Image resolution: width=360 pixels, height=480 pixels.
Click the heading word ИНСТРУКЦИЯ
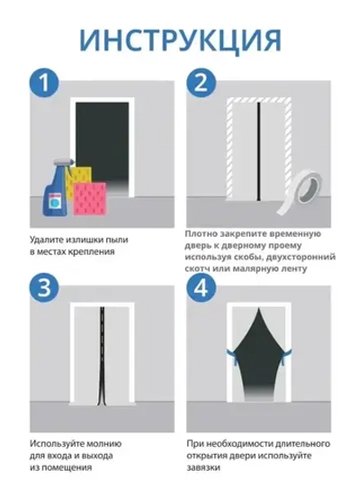180,41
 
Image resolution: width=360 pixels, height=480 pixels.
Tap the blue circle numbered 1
44,82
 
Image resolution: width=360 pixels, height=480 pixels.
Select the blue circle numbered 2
201,82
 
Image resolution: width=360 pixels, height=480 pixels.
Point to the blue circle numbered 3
44,287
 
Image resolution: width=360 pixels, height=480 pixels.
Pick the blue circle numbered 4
201,287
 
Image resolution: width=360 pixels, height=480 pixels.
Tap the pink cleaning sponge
89,198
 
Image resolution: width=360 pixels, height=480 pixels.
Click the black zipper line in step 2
259,151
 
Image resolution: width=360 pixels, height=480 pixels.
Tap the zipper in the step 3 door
101,355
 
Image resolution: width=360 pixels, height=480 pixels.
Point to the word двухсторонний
301,257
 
